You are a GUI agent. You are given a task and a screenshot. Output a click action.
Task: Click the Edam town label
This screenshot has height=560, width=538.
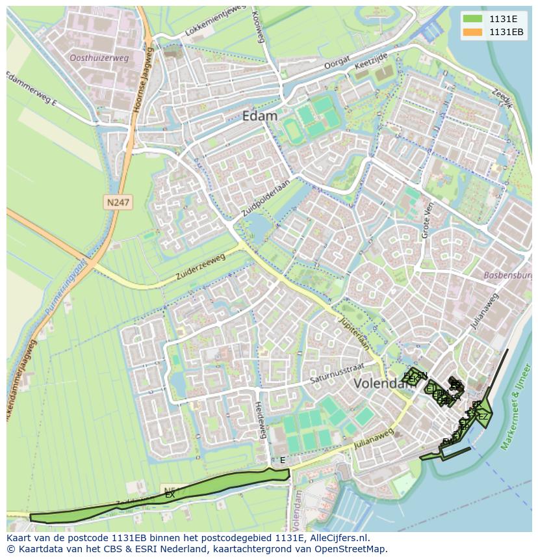(259, 116)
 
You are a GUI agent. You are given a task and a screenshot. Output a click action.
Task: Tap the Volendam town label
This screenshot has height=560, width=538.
(380, 384)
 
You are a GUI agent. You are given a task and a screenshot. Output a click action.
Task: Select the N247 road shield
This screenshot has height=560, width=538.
(118, 203)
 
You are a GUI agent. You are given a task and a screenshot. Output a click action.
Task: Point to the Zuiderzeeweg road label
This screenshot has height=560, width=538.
(200, 267)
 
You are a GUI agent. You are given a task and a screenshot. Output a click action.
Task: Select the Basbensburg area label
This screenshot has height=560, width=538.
(507, 275)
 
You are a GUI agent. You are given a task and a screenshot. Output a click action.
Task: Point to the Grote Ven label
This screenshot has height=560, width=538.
(427, 220)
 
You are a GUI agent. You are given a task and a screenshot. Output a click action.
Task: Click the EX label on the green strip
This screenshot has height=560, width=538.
(170, 495)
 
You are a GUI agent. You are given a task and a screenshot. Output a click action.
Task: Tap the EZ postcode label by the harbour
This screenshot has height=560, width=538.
(482, 417)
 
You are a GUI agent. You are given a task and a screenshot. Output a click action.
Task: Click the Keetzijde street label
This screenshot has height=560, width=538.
(371, 62)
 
